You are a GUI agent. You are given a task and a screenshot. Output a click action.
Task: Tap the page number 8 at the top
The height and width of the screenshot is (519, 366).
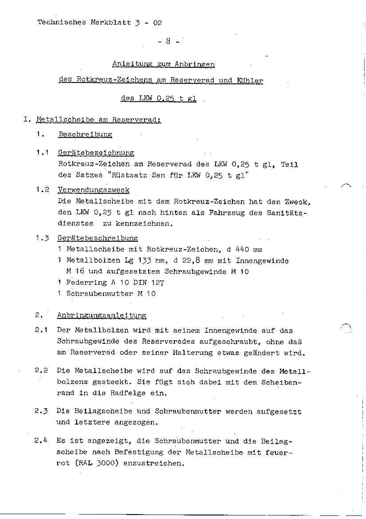coord(169,42)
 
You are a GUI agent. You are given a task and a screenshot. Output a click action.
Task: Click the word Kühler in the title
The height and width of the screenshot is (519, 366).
coord(250,80)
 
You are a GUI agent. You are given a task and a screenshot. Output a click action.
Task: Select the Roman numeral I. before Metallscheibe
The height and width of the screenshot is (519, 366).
coord(28,119)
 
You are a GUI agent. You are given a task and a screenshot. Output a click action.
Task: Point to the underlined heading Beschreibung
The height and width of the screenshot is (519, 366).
coord(85,134)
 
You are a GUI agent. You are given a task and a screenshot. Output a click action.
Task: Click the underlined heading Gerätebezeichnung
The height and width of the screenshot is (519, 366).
coord(96,153)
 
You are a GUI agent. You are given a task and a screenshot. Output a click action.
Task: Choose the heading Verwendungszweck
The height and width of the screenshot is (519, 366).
coord(94,190)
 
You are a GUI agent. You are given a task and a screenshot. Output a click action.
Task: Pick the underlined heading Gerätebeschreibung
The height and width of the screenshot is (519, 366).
coord(98,238)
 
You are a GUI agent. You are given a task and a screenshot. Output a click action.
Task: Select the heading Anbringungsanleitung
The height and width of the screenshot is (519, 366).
coord(102,315)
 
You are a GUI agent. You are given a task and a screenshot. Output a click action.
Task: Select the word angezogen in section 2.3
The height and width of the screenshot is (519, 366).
coord(135,422)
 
